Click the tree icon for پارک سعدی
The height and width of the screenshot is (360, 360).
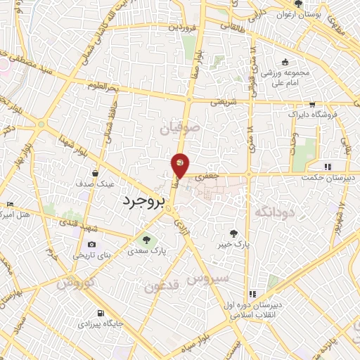[x=147, y=238]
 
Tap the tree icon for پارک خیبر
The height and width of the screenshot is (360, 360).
[x=235, y=233]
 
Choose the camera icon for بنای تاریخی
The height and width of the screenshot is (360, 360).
[x=91, y=244]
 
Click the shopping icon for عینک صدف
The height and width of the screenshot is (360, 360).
[x=96, y=172]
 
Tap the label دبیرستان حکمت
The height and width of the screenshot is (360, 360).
[x=328, y=178]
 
